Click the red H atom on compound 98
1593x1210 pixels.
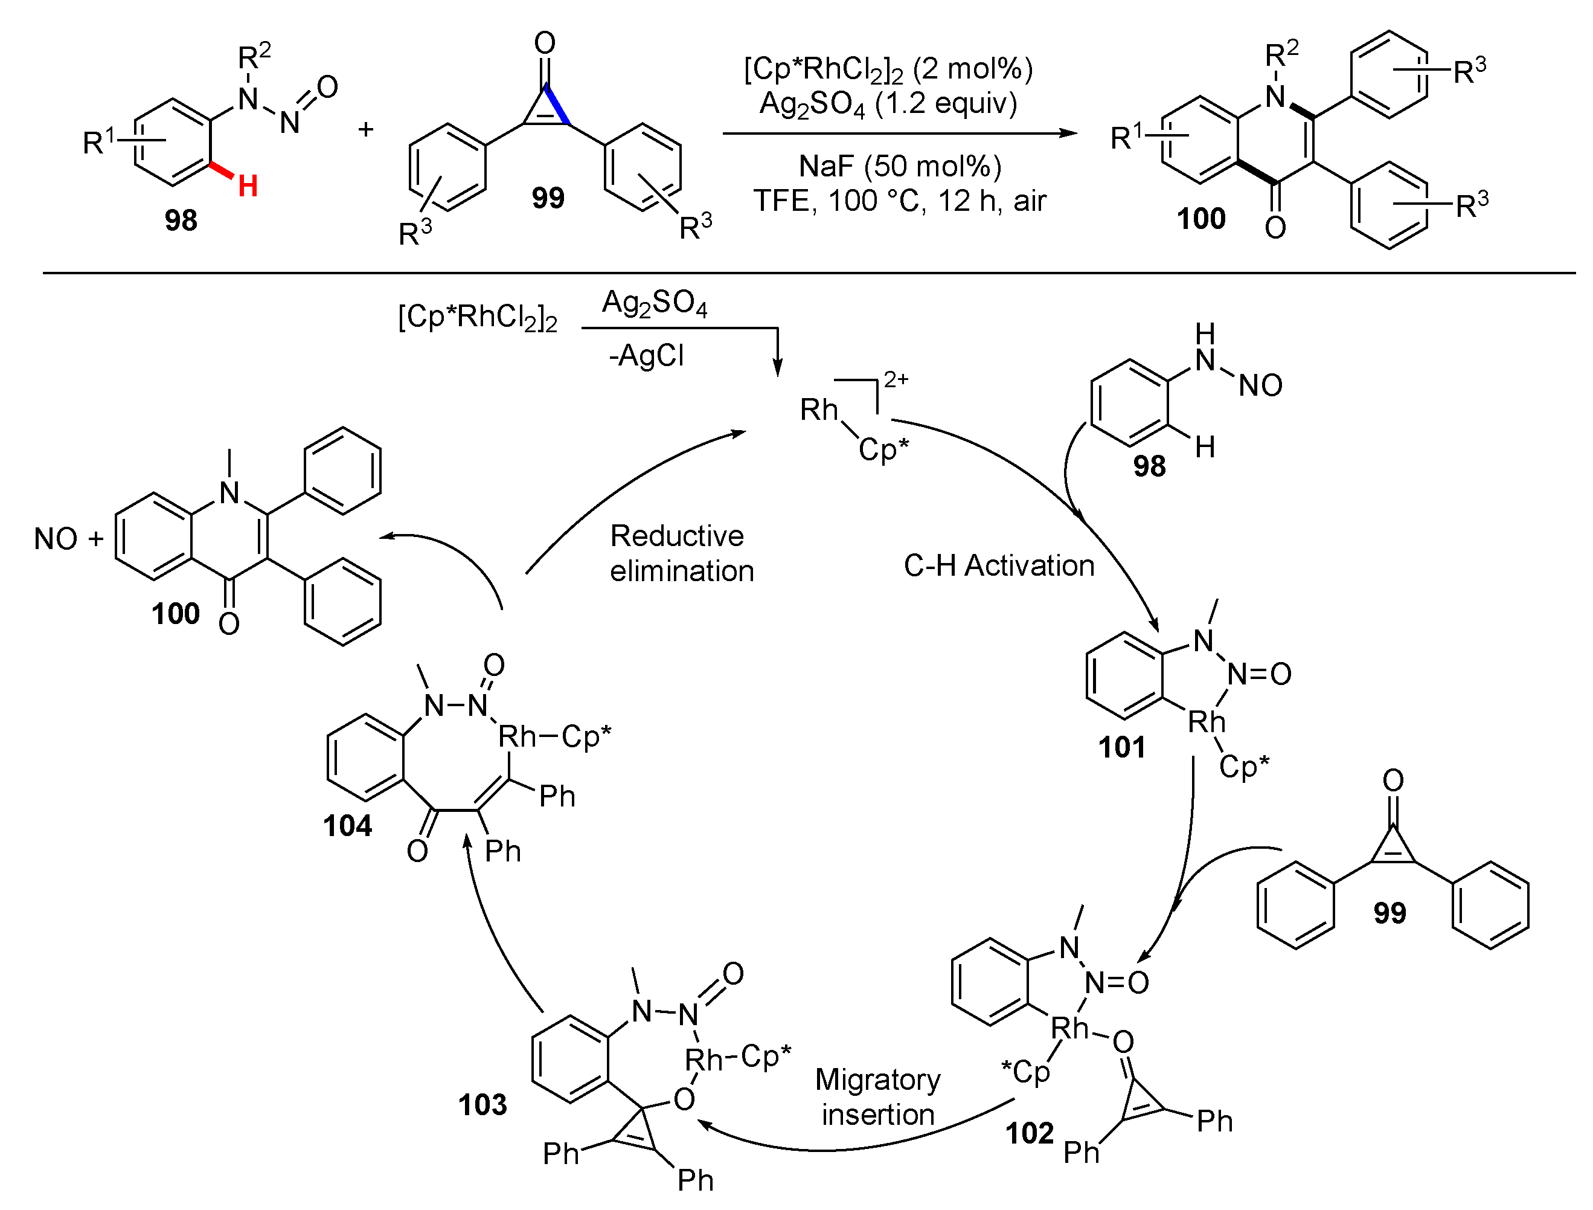point(248,187)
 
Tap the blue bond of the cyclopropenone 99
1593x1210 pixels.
point(557,105)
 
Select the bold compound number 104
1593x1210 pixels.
point(347,825)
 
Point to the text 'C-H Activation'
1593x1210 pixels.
point(999,565)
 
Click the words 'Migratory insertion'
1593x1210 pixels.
point(878,1096)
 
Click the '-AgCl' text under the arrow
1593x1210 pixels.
point(646,356)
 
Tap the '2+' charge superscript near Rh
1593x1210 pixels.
point(896,379)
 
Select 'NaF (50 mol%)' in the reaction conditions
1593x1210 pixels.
point(900,166)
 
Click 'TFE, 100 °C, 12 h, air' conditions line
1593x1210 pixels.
point(900,201)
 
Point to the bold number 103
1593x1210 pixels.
point(482,1104)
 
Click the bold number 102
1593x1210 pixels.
point(1030,1133)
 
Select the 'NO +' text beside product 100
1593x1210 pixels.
point(68,539)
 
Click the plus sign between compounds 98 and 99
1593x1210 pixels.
point(366,130)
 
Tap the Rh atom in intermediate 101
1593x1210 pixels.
point(1207,721)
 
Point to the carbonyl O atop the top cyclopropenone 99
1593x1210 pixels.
point(545,43)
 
